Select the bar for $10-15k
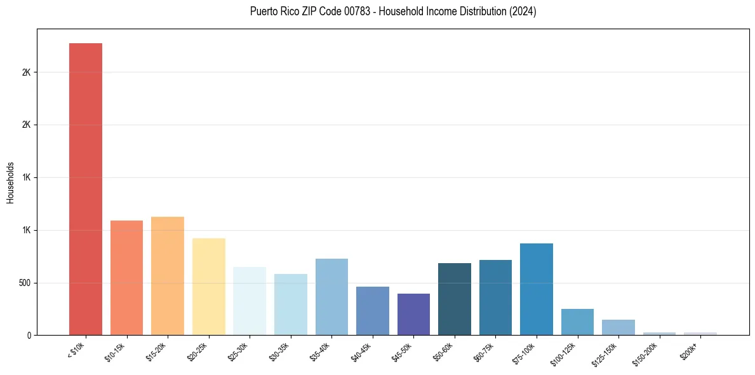126,278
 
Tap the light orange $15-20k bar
168,276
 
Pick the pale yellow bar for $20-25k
208,287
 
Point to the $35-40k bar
331,297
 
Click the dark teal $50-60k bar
455,299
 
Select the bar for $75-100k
537,289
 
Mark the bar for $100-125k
577,322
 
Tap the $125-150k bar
618,327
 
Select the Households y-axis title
11,182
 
